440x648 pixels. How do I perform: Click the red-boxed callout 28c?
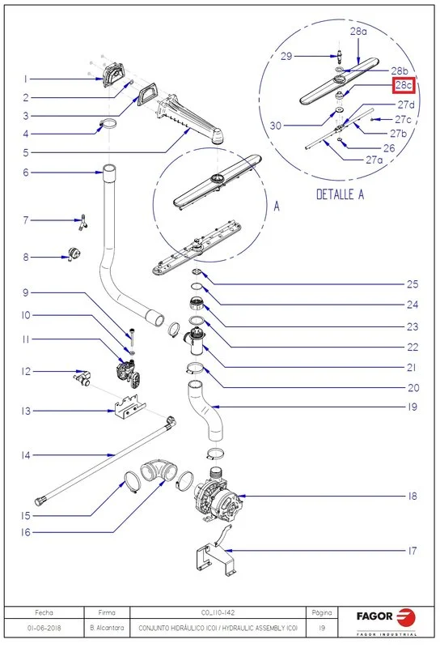coord(404,85)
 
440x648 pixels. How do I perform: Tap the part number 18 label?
coord(412,496)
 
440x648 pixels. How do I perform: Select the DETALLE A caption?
coord(341,194)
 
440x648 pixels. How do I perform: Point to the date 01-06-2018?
coord(44,628)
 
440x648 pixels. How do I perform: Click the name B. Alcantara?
coord(107,628)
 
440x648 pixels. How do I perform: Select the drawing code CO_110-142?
coord(218,612)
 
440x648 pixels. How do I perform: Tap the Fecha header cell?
coord(44,612)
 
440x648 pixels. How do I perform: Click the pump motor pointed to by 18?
coord(218,495)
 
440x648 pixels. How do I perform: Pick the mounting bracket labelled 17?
coord(216,552)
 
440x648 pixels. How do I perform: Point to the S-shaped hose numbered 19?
coord(206,411)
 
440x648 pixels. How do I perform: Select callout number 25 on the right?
coord(412,284)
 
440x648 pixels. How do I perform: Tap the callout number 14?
coord(26,455)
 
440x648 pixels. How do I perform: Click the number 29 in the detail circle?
coord(286,56)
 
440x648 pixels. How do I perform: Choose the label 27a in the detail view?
coord(374,160)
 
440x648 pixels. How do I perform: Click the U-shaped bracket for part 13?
coord(130,407)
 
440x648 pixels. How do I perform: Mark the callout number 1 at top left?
coord(26,79)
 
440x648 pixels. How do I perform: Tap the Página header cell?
coord(322,612)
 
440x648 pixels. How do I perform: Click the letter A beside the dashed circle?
coord(277,206)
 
